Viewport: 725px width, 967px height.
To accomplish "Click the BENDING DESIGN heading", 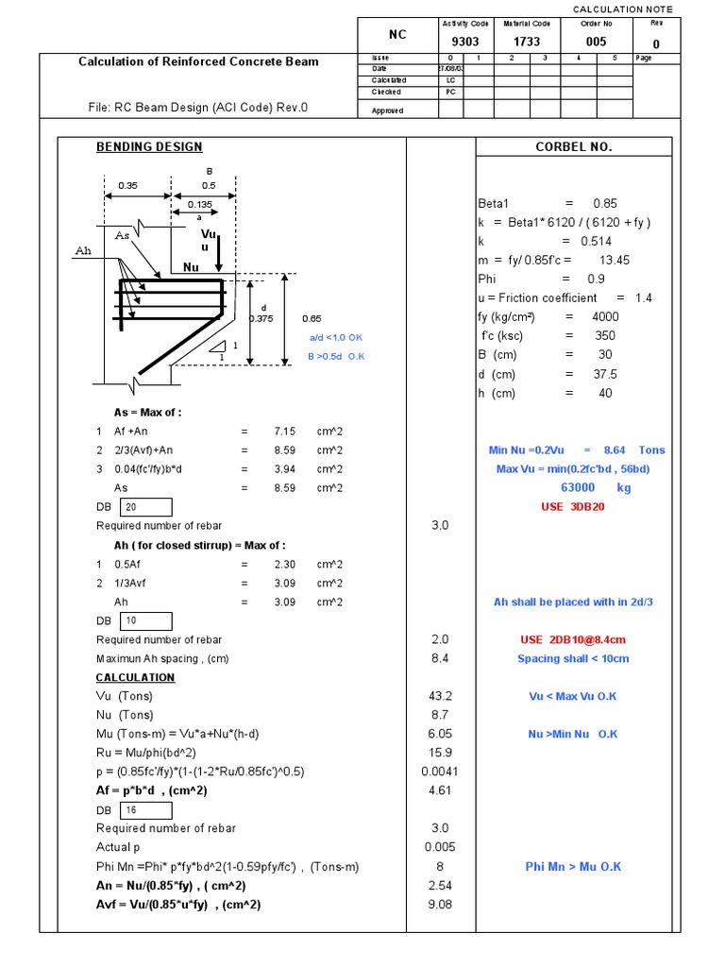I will point(149,147).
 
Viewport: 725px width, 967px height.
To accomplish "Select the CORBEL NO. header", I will point(573,147).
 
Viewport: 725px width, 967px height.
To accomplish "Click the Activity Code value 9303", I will point(452,42).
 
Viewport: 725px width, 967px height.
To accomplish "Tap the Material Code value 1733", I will point(527,42).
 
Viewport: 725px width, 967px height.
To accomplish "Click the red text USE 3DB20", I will point(573,507).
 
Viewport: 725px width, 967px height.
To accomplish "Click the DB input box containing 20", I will point(144,507).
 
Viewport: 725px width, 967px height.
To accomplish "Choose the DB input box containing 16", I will point(144,810).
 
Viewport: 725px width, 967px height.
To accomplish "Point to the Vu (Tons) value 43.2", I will point(440,696).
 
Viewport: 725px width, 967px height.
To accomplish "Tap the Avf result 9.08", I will point(440,905).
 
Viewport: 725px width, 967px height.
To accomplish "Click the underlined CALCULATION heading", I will point(135,677).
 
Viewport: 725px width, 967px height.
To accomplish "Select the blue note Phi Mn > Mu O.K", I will point(573,867).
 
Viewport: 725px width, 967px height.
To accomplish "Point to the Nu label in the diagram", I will point(192,268).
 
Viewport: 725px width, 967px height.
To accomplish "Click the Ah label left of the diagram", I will point(82,251).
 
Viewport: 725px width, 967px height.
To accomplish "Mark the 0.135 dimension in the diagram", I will point(199,204).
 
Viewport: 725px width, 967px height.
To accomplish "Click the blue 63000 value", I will point(583,488).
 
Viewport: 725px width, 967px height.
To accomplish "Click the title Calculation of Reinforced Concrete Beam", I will point(198,62).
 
